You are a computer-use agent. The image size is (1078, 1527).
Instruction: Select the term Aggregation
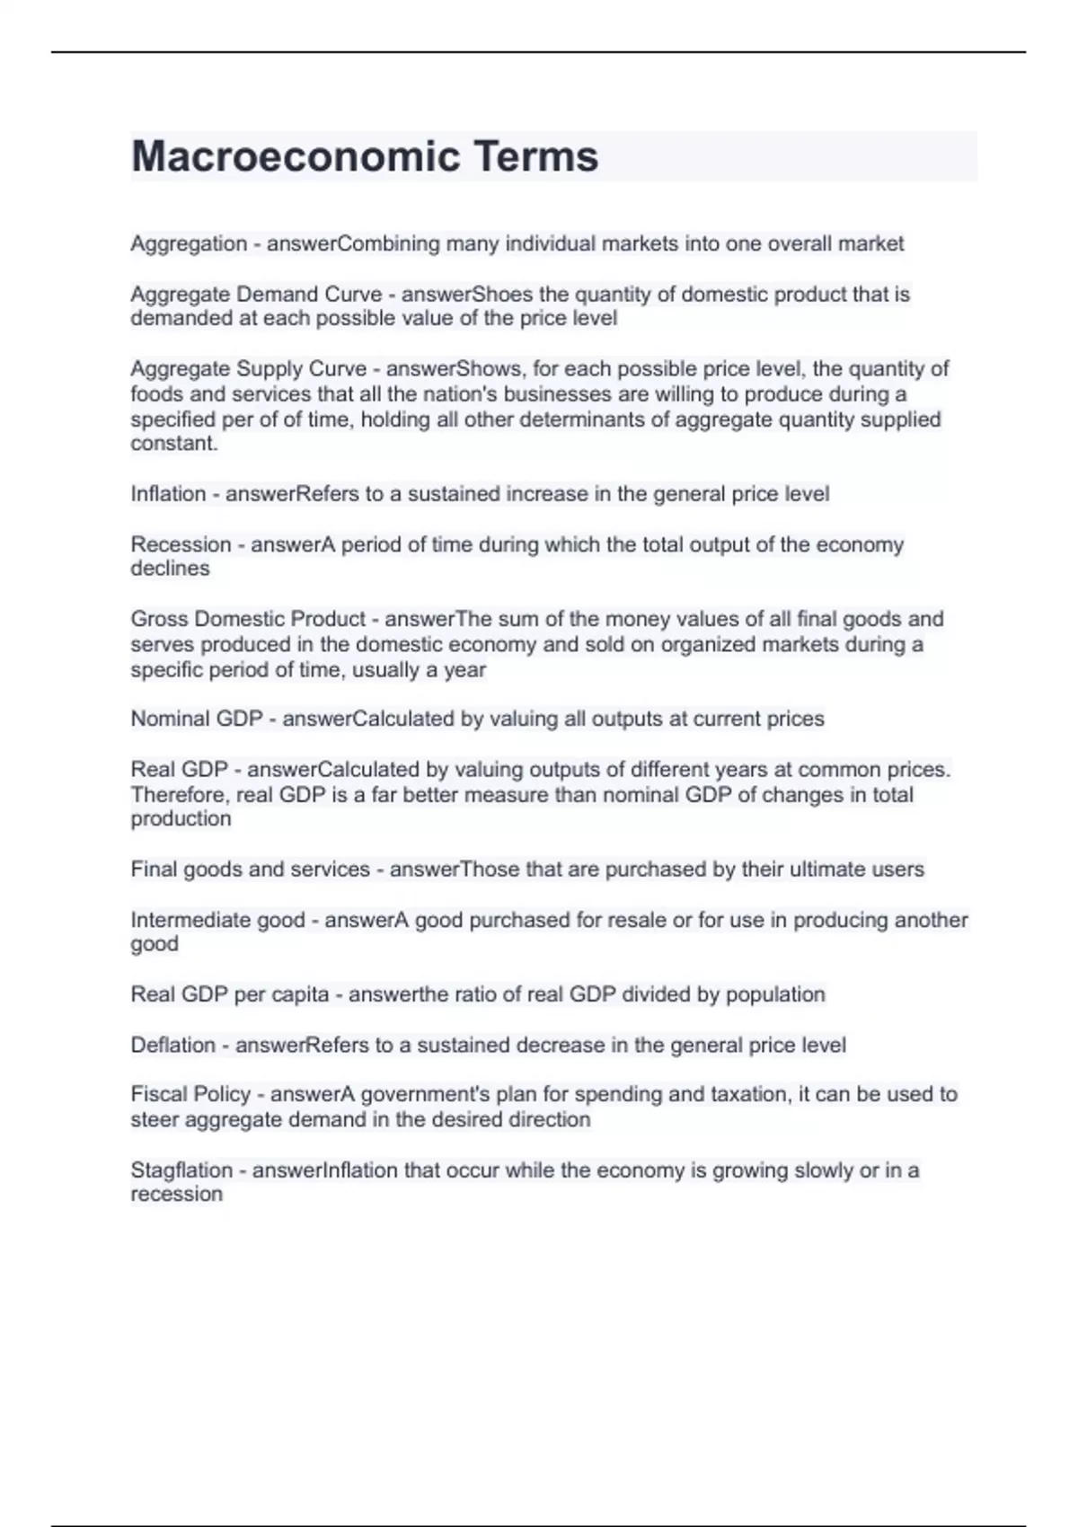tap(189, 243)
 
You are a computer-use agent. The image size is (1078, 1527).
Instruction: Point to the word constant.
tap(174, 444)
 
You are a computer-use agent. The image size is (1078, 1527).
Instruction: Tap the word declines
tap(170, 569)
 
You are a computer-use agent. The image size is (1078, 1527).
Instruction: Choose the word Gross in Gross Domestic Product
tap(159, 619)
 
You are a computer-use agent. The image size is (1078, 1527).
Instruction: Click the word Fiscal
tap(156, 1094)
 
